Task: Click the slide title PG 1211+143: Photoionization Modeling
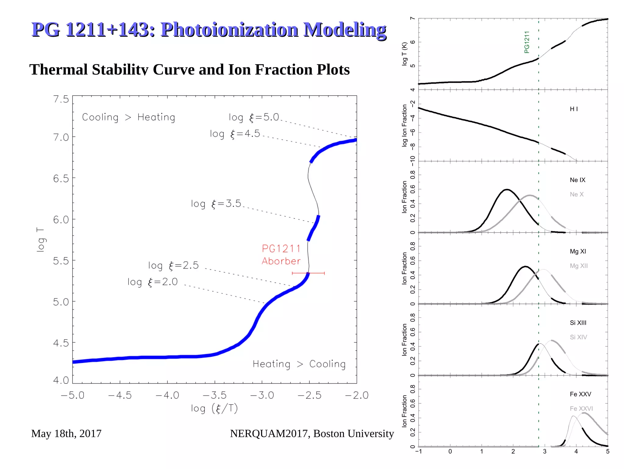209,30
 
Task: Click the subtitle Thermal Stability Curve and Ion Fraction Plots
189,70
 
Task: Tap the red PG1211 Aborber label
281,255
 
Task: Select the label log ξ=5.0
254,117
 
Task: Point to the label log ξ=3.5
216,204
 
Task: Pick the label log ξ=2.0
152,282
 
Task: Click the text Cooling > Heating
128,117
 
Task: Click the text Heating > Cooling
299,364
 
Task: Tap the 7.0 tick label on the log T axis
61,137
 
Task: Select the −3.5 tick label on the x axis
214,395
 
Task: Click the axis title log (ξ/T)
214,408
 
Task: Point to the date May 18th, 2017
66,433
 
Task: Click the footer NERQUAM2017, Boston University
312,433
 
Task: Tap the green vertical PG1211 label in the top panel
526,42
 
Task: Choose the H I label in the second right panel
574,109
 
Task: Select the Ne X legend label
576,194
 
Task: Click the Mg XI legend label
578,251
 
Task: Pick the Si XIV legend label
578,337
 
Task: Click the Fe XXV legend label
580,394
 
